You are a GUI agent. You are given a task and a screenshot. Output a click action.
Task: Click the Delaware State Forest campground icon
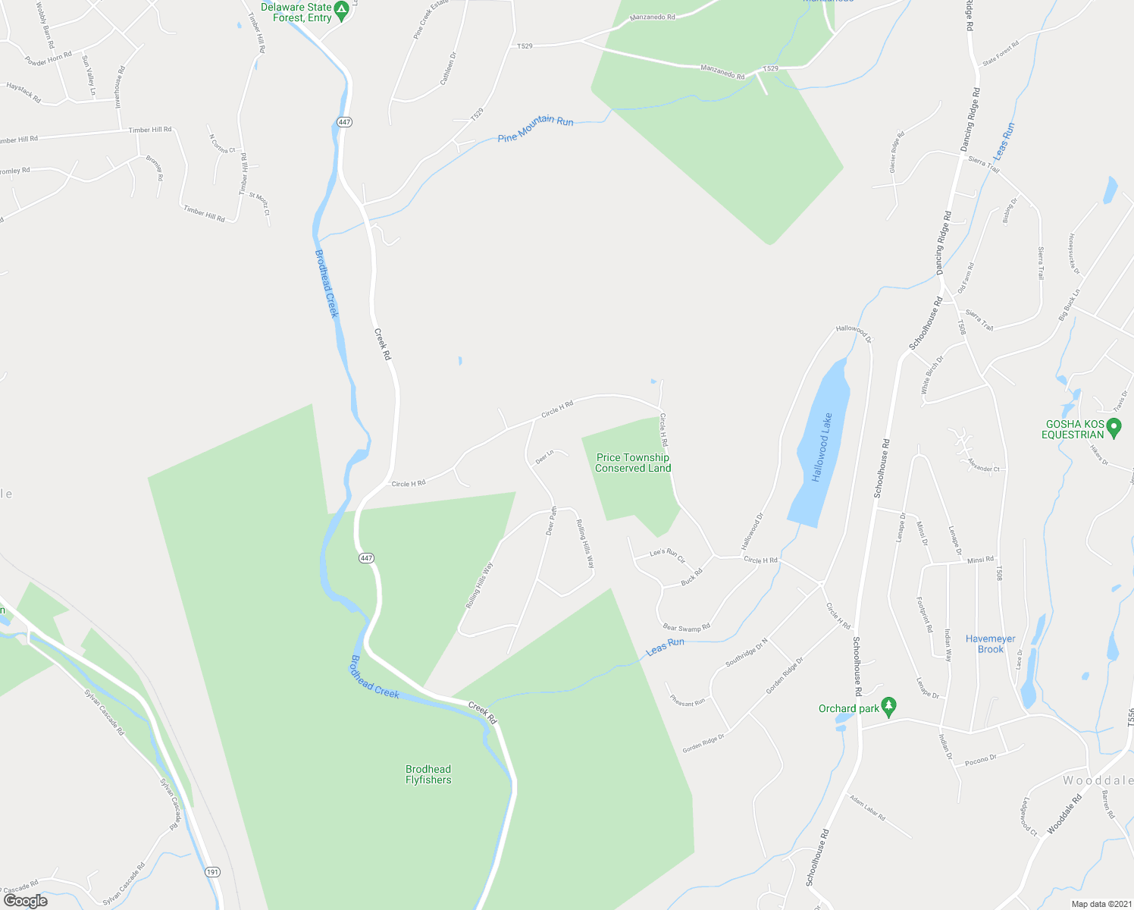[x=341, y=11]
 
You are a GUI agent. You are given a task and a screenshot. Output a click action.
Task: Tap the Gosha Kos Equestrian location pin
[x=1114, y=428]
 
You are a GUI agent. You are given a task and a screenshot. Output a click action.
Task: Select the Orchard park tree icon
[x=889, y=707]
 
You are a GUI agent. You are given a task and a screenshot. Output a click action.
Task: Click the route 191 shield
[x=212, y=872]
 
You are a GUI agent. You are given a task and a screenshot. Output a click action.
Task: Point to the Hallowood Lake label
[x=822, y=447]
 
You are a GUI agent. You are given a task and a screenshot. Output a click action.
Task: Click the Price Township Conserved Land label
[x=633, y=463]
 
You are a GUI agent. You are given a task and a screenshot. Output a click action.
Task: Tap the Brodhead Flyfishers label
[x=428, y=774]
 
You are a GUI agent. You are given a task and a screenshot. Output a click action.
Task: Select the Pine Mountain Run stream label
[x=535, y=128]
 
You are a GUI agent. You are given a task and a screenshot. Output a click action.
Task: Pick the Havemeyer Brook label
[x=990, y=644]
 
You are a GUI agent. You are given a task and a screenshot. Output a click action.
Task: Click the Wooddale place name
[x=1098, y=780]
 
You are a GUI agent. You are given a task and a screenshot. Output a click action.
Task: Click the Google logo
[x=25, y=901]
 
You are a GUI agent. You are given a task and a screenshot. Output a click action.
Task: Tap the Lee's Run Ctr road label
[x=667, y=555]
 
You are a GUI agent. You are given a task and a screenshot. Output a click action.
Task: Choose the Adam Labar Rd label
[x=867, y=808]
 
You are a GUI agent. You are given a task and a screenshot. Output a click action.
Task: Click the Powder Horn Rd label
[x=48, y=58]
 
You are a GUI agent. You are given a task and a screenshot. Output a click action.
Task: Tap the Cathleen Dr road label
[x=449, y=67]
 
